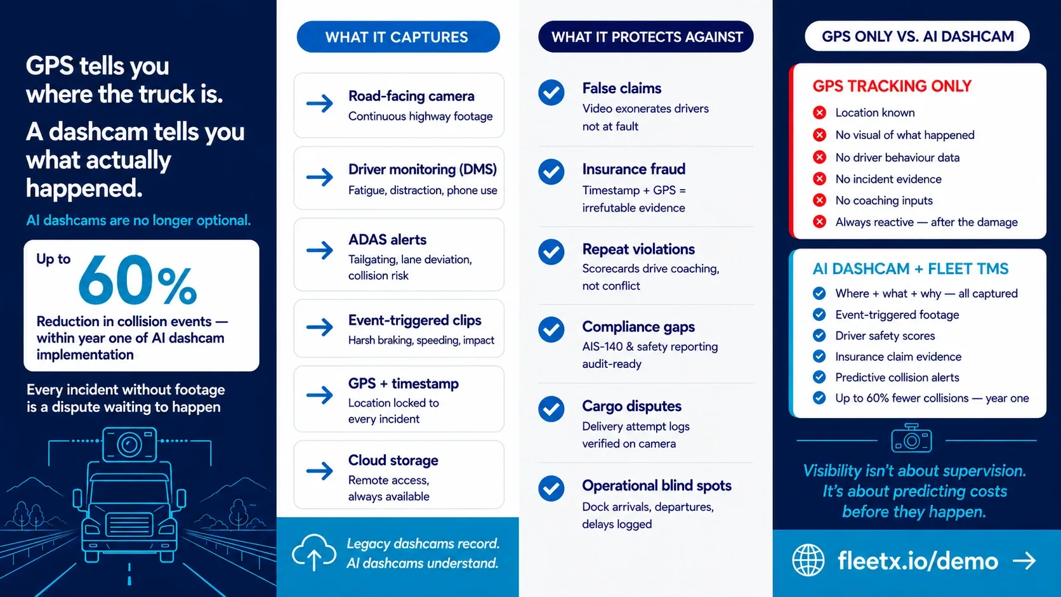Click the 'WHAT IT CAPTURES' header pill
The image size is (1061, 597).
(398, 37)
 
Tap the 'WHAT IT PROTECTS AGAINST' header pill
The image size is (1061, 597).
(645, 36)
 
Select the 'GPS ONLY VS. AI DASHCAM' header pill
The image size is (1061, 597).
(917, 36)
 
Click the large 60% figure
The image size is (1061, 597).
(137, 280)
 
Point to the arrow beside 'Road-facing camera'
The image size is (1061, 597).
(320, 103)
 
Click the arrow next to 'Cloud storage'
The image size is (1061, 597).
(320, 471)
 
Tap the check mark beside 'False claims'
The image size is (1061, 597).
(551, 93)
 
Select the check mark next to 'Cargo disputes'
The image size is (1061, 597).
(551, 409)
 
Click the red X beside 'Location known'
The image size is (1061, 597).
(819, 113)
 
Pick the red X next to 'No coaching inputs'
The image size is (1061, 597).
(819, 200)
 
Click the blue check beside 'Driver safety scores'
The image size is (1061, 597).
(819, 336)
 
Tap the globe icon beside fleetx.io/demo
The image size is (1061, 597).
(808, 560)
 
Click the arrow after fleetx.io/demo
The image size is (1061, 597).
(1024, 561)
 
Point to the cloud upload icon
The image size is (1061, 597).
(314, 552)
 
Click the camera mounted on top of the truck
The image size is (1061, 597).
(129, 444)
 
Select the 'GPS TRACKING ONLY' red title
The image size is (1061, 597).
(892, 86)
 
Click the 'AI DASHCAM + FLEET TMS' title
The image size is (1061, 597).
(911, 269)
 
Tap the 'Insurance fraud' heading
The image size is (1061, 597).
(634, 169)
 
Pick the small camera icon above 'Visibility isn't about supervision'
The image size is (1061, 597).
(911, 438)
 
